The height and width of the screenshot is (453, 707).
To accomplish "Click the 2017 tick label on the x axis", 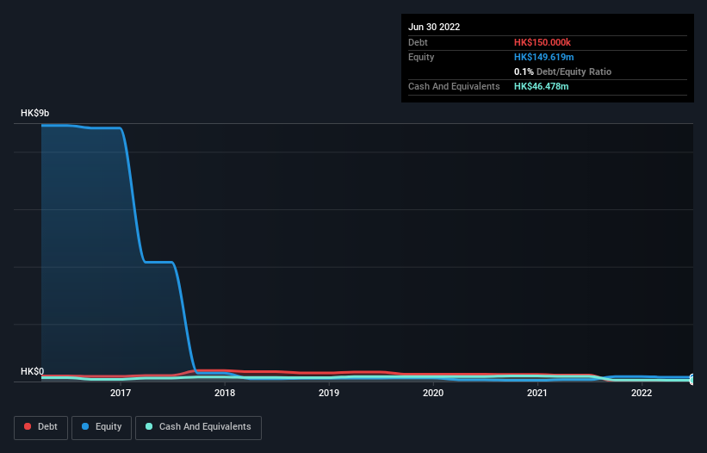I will click(x=121, y=393).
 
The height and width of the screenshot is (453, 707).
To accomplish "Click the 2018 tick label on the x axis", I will click(x=225, y=393).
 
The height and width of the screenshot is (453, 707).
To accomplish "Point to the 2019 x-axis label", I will click(x=329, y=393).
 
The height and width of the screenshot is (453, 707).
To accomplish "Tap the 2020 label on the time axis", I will click(x=433, y=393).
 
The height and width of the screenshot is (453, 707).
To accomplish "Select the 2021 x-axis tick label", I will click(x=537, y=393).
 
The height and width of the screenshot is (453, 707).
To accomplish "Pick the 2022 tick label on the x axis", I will click(x=642, y=393).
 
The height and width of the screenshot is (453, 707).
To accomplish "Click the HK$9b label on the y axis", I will click(x=36, y=113).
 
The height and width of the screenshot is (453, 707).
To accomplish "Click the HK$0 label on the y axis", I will click(x=33, y=371).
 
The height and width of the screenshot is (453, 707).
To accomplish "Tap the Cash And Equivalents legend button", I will click(x=198, y=427).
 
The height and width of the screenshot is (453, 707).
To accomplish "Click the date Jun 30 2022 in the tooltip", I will click(x=434, y=27).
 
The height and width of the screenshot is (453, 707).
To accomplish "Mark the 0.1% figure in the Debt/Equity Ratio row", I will click(x=522, y=71).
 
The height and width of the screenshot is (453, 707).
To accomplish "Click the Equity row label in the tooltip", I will click(x=421, y=57).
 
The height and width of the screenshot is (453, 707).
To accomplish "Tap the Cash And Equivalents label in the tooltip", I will click(x=454, y=86).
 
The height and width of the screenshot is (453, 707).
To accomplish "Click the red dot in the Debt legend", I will click(x=27, y=427).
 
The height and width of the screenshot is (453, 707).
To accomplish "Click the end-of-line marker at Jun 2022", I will click(x=692, y=378).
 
